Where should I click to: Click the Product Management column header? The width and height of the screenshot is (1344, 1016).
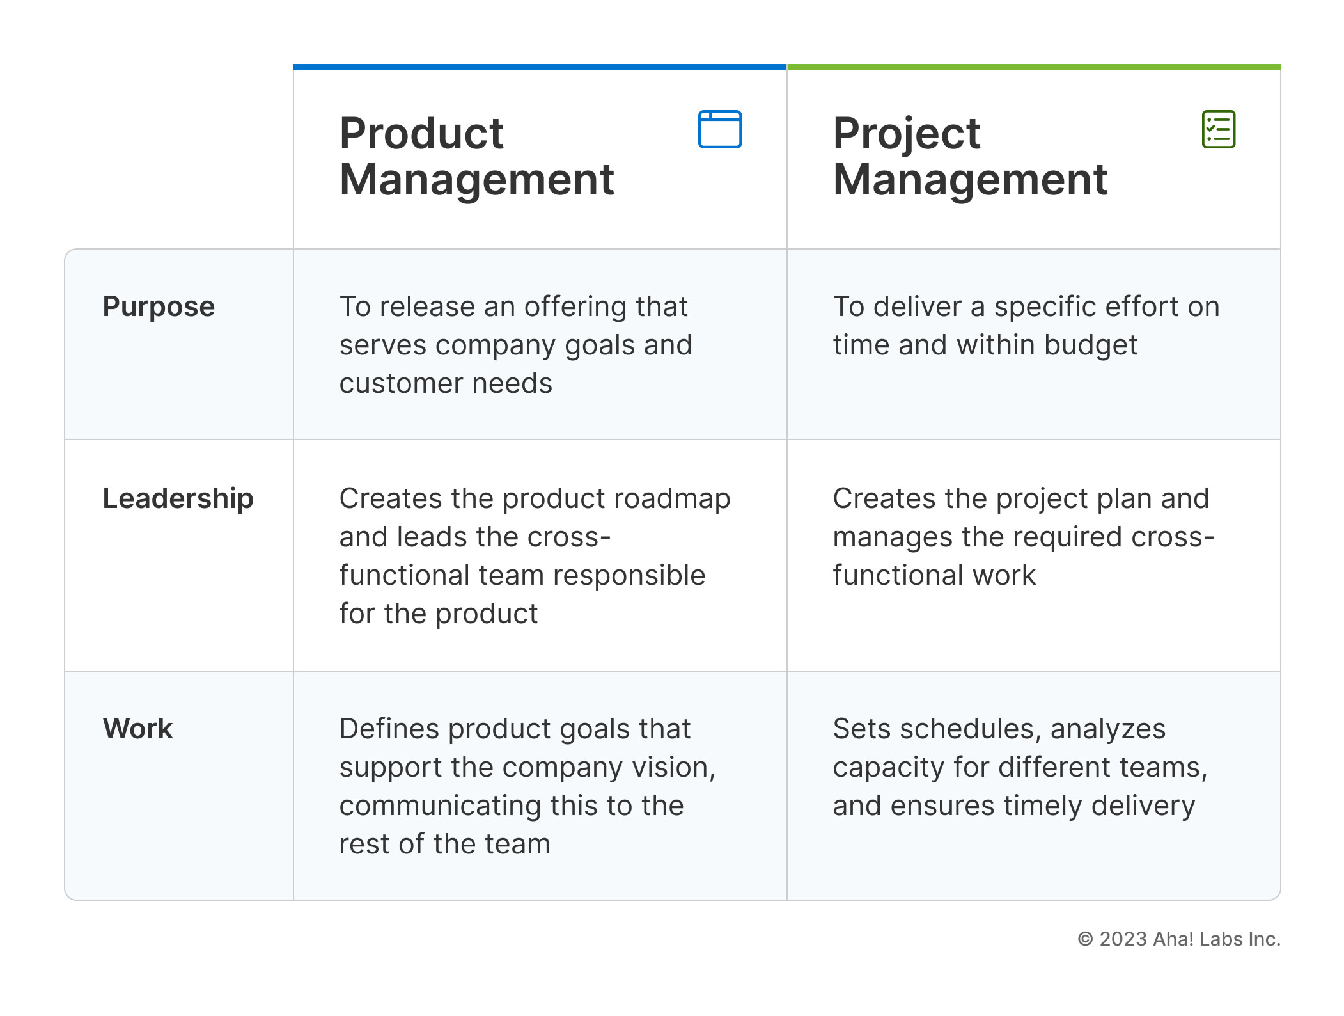click(x=476, y=156)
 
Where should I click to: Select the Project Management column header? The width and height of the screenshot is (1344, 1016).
click(x=970, y=156)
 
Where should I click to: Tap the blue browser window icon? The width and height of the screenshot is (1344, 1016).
click(x=719, y=129)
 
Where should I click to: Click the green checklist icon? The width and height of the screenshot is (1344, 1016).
click(x=1218, y=129)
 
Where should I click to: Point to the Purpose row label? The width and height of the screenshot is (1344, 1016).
click(x=159, y=306)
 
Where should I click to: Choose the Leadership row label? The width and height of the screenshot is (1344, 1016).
click(x=178, y=498)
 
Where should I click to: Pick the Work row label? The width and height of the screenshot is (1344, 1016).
click(x=137, y=729)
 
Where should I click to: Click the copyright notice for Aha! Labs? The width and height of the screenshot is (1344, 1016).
click(x=1178, y=939)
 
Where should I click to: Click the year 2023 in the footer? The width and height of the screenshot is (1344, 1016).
click(x=1123, y=939)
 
